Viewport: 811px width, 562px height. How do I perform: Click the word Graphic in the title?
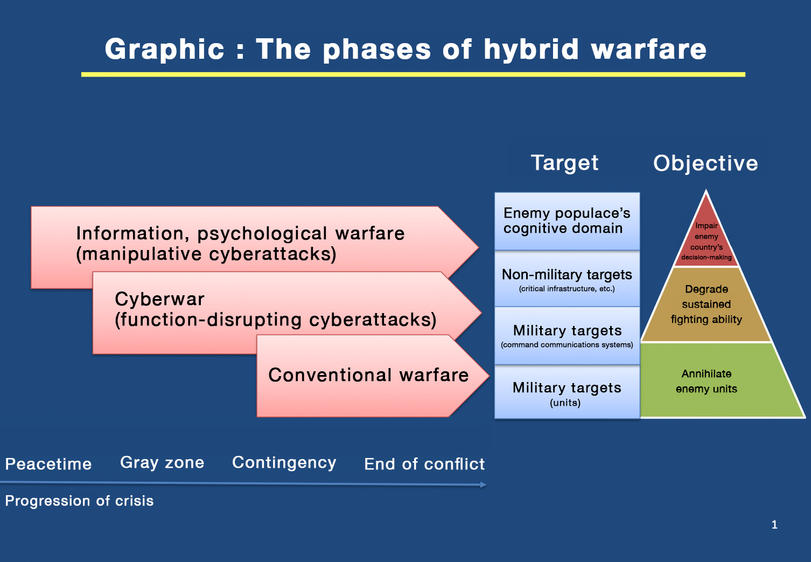(164, 50)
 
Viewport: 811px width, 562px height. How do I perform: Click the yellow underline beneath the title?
(413, 74)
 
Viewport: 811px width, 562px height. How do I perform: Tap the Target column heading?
(564, 163)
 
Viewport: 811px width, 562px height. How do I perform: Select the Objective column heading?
(705, 163)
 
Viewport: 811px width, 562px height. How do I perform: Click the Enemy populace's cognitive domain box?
(567, 221)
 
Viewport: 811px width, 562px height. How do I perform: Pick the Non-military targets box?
(567, 280)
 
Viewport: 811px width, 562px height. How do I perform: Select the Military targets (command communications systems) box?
(567, 336)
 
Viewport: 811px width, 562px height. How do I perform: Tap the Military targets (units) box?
(567, 393)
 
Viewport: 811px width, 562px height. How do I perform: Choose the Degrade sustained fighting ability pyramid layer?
(706, 304)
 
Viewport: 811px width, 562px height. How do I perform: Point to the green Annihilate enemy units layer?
(706, 381)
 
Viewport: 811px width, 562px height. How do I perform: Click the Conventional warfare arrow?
(368, 375)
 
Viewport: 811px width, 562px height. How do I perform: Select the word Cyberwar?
(159, 299)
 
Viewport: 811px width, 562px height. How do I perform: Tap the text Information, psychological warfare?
(240, 233)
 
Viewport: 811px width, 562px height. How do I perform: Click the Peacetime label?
(48, 464)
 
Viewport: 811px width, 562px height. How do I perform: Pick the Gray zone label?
(162, 462)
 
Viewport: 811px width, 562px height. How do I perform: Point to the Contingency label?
(284, 463)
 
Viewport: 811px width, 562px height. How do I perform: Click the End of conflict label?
(424, 464)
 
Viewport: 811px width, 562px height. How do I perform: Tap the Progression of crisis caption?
(79, 501)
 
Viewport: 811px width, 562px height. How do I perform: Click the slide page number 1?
(774, 525)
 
